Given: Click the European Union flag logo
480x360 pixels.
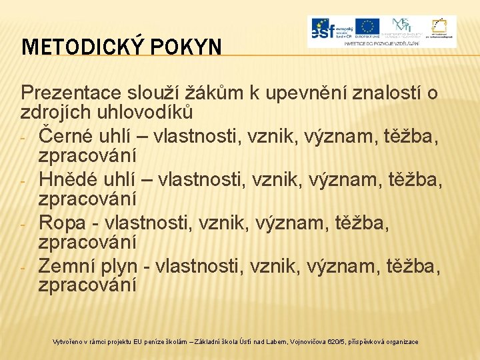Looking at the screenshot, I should coord(367,26).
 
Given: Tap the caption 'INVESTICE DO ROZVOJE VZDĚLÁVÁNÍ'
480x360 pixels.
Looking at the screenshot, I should coord(381,42).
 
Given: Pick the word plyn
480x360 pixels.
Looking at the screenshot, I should coord(121,265).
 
